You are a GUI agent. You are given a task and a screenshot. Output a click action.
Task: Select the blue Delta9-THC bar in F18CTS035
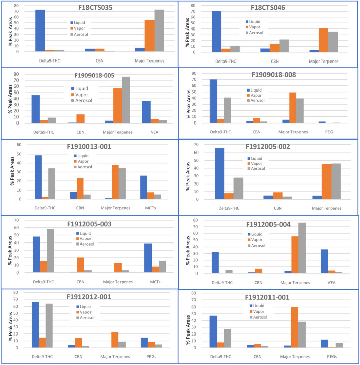pyautogui.click(x=40, y=31)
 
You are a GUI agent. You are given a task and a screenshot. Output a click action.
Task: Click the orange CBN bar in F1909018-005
pyautogui.click(x=79, y=116)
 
